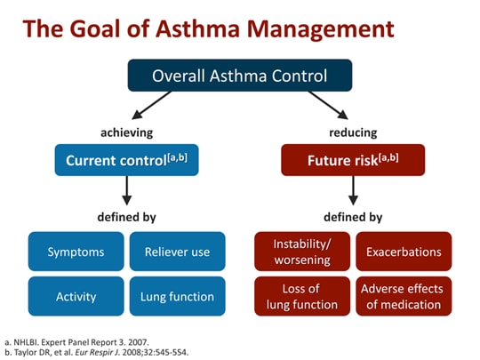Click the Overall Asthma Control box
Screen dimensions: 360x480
(240, 76)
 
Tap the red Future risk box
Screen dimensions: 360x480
(353, 161)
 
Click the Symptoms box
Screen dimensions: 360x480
(76, 252)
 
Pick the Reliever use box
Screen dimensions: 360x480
(177, 252)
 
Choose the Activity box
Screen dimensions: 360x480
(76, 296)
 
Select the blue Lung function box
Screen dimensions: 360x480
(177, 296)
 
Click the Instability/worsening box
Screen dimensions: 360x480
(302, 252)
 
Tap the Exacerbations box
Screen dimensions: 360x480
(404, 252)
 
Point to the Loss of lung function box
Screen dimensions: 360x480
(302, 296)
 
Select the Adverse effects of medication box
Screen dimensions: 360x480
(404, 296)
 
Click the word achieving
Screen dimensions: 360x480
(126, 132)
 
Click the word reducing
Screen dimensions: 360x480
(353, 132)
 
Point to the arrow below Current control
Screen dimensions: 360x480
(126, 190)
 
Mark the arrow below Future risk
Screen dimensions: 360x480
(353, 190)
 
